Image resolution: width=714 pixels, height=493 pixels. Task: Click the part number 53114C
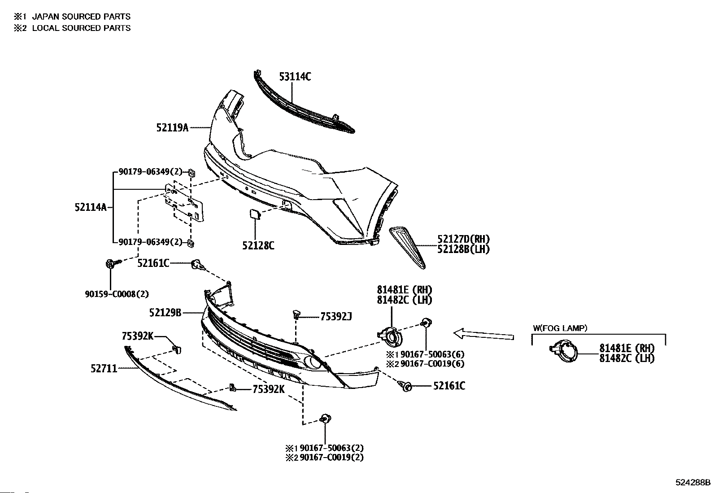[295, 77]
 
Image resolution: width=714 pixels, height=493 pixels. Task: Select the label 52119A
[172, 128]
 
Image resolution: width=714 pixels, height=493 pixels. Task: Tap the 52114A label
[91, 207]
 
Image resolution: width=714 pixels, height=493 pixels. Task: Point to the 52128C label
[258, 245]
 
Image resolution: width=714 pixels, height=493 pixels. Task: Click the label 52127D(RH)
[463, 239]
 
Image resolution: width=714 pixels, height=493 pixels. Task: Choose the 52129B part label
[165, 313]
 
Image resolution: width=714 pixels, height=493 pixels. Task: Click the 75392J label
[336, 317]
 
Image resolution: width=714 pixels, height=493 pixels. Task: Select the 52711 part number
[104, 369]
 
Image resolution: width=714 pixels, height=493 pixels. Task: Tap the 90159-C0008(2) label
[117, 294]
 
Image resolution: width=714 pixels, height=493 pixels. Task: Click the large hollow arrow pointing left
[483, 335]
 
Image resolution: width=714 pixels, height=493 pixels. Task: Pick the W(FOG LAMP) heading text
[560, 328]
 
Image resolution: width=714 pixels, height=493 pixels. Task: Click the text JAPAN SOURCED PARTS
[81, 17]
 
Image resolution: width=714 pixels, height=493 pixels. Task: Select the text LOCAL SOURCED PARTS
[81, 28]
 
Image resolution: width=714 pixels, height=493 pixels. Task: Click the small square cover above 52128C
[255, 214]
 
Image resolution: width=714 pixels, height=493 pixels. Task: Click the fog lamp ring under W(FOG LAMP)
[564, 351]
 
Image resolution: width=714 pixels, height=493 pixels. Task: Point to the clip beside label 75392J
[296, 314]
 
